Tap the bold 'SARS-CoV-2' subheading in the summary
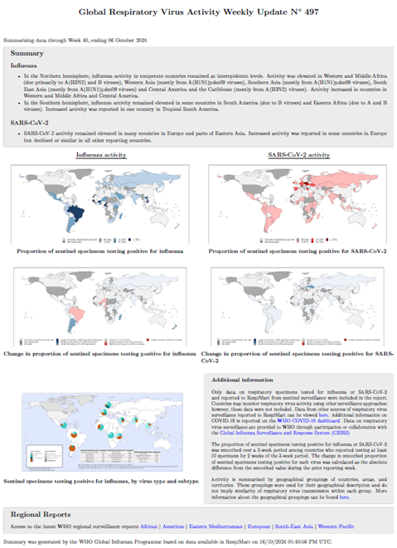pyautogui.click(x=28, y=121)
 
